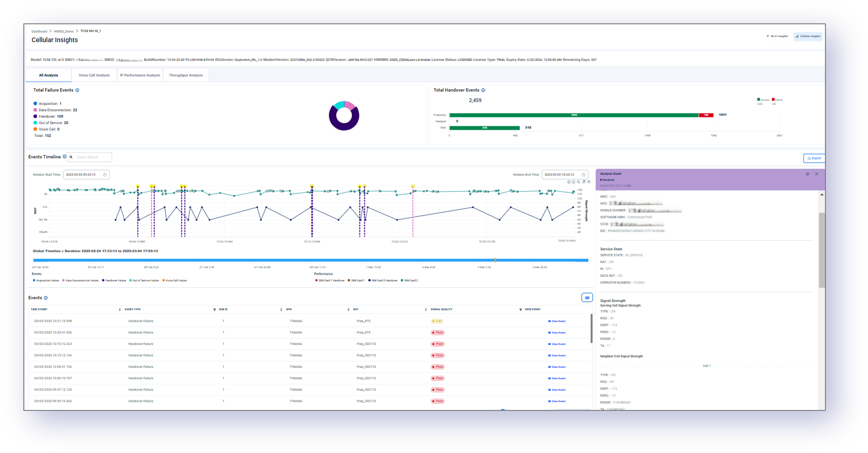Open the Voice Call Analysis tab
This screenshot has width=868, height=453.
coord(94,75)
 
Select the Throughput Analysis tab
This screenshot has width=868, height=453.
coord(185,75)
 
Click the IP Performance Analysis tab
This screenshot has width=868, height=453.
coord(140,75)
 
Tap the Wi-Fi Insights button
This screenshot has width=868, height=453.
coord(777,36)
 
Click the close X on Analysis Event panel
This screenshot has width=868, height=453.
coord(816,174)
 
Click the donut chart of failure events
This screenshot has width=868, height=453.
coord(344,116)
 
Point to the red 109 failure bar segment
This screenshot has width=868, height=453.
coord(706,115)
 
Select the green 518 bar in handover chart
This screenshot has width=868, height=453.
coord(484,128)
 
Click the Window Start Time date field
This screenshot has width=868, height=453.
coord(86,175)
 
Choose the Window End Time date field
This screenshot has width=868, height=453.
coord(564,175)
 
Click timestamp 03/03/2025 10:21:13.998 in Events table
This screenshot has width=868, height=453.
coord(53,321)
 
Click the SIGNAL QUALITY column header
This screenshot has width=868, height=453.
coord(442,310)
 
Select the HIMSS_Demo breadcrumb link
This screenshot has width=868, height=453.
coord(64,32)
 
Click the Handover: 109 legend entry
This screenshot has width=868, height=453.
coord(50,116)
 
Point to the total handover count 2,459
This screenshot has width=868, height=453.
coord(475,100)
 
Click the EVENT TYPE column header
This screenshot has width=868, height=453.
coord(133,310)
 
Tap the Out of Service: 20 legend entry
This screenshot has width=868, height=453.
coord(53,123)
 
